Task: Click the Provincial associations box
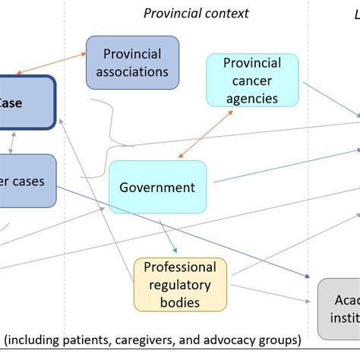(x=132, y=62)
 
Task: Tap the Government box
(x=157, y=187)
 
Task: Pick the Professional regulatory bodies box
(x=180, y=285)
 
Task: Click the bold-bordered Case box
(x=23, y=102)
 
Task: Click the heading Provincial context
(x=196, y=13)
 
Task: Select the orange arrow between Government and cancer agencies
(x=206, y=133)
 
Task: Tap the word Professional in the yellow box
(x=180, y=267)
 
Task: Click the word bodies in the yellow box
(x=180, y=302)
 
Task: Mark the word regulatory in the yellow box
(x=180, y=285)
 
